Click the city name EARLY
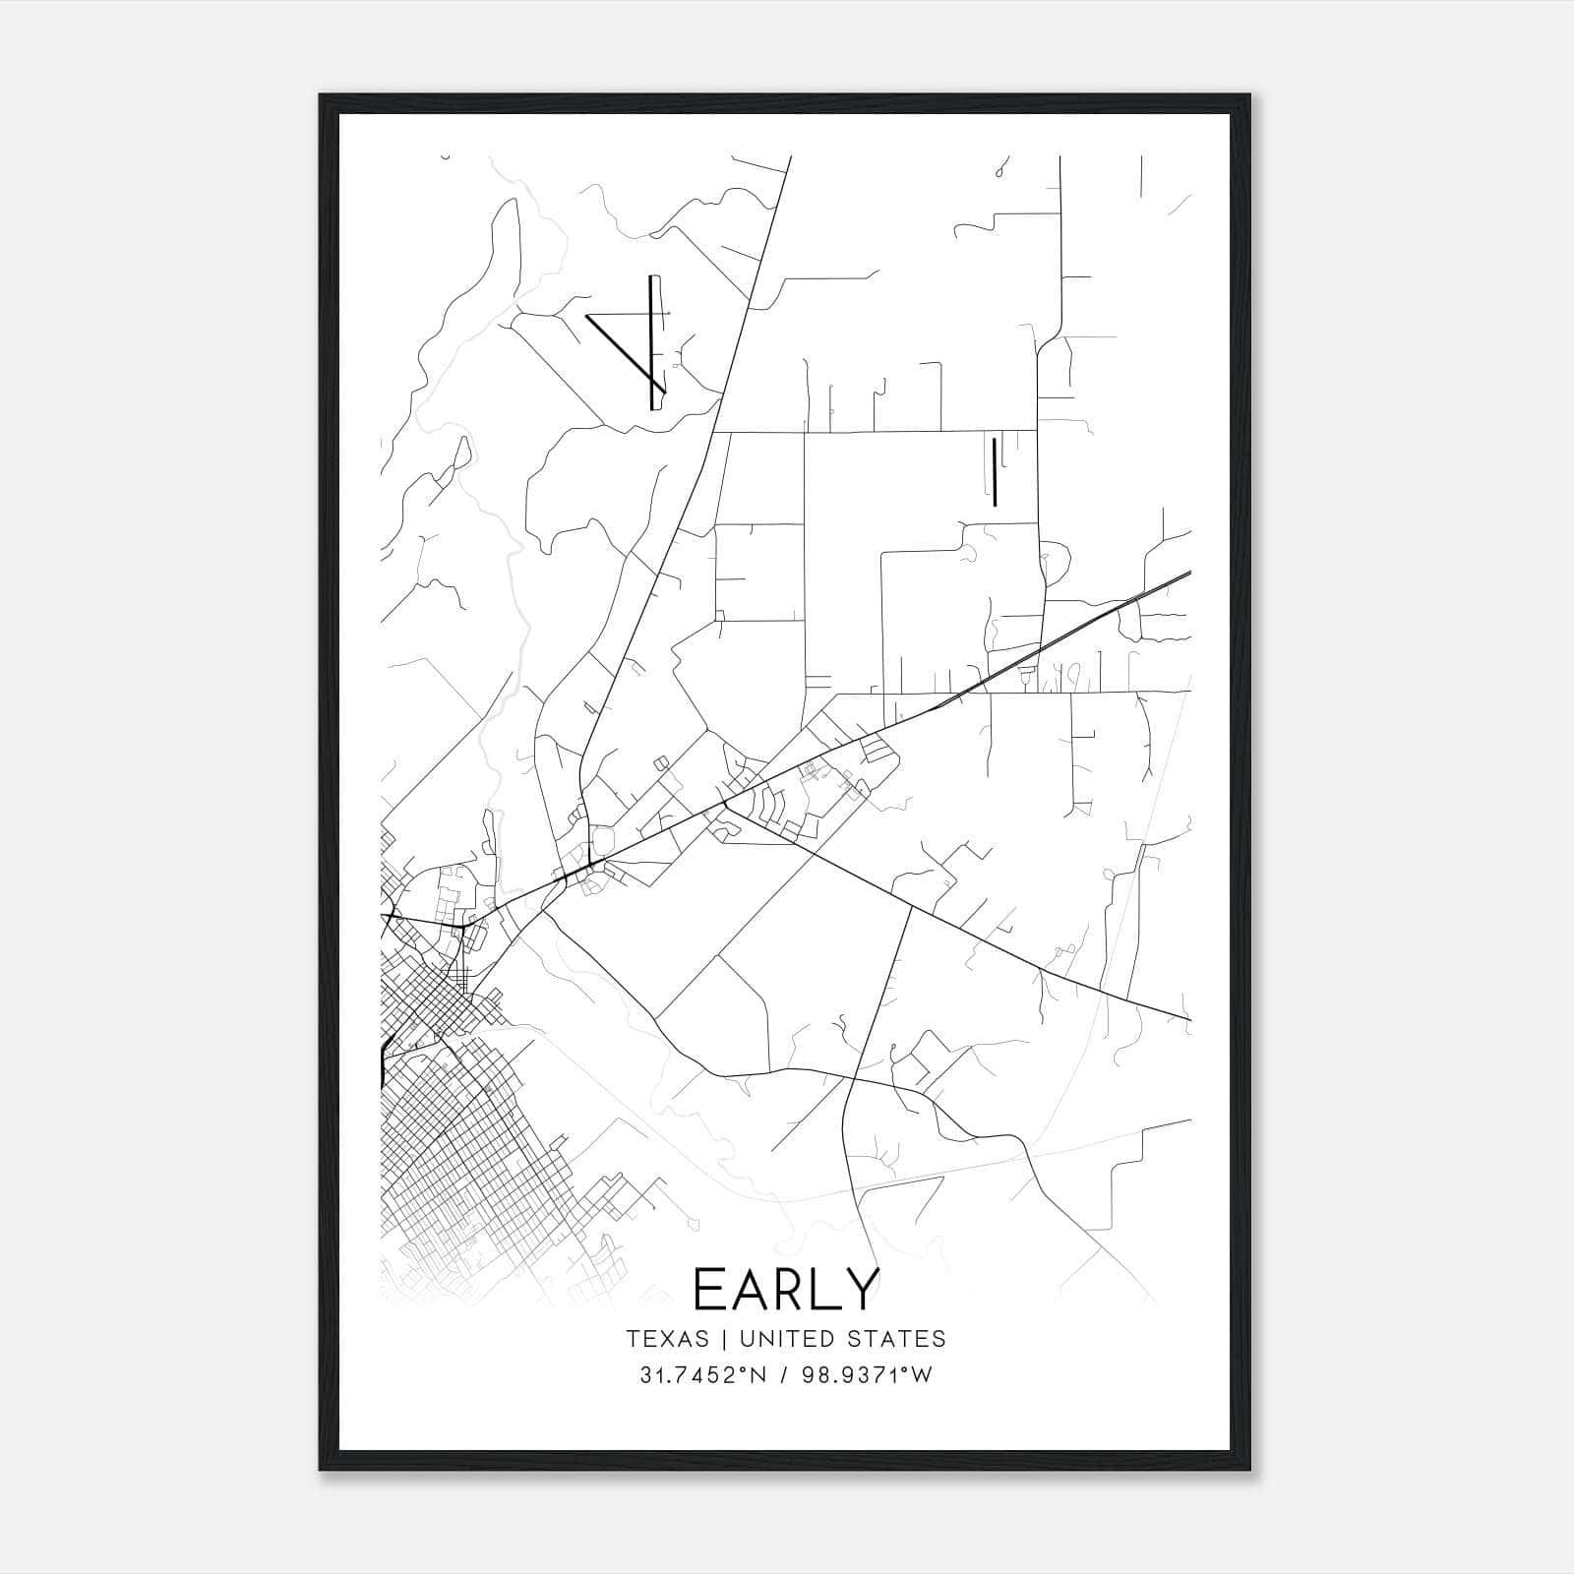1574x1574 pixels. pos(785,1289)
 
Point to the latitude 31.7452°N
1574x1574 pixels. pos(701,1375)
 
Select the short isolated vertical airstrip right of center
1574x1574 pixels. pos(995,471)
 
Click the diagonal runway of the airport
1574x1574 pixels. pos(620,347)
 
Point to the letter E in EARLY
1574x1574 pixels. pos(710,1289)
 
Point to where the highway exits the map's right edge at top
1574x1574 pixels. pos(1189,573)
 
